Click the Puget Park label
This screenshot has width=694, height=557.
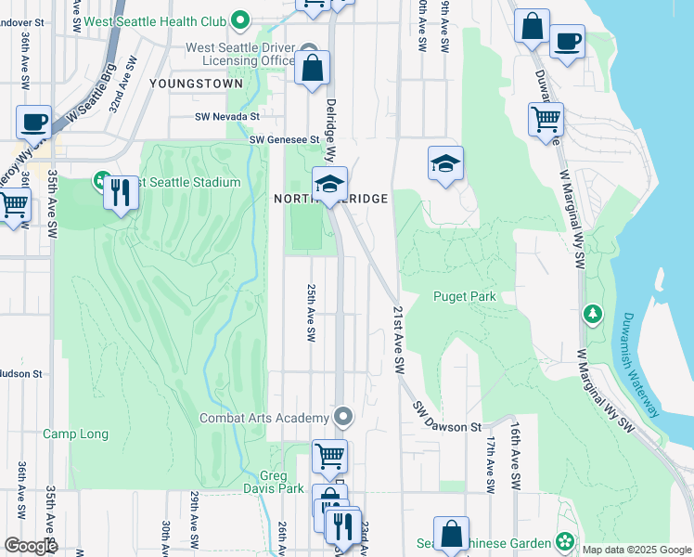[x=464, y=296]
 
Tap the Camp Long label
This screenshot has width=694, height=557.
[x=75, y=434]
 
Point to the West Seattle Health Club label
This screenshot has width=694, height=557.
[x=157, y=19]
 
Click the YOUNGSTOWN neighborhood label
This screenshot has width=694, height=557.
[x=195, y=83]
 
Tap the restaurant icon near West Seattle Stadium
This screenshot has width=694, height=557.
[x=120, y=193]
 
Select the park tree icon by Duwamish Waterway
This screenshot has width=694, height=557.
[x=592, y=315]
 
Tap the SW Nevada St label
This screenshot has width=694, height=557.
[x=226, y=117]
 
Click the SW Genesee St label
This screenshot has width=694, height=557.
[x=284, y=140]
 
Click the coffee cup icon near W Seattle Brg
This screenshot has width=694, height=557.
[x=33, y=123]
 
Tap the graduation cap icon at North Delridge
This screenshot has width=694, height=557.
[x=328, y=183]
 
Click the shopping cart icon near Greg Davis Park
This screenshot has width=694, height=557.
[x=329, y=456]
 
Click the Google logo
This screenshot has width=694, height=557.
[x=31, y=546]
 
